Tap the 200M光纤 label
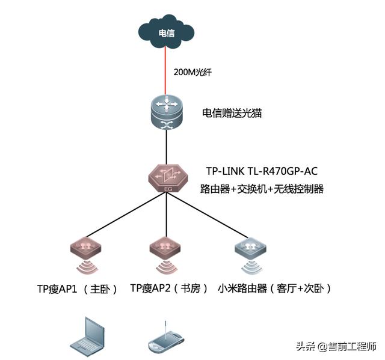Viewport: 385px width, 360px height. [x=192, y=72]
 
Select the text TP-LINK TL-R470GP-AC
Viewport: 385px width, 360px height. [x=262, y=171]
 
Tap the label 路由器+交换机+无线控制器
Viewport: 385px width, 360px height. [x=262, y=189]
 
